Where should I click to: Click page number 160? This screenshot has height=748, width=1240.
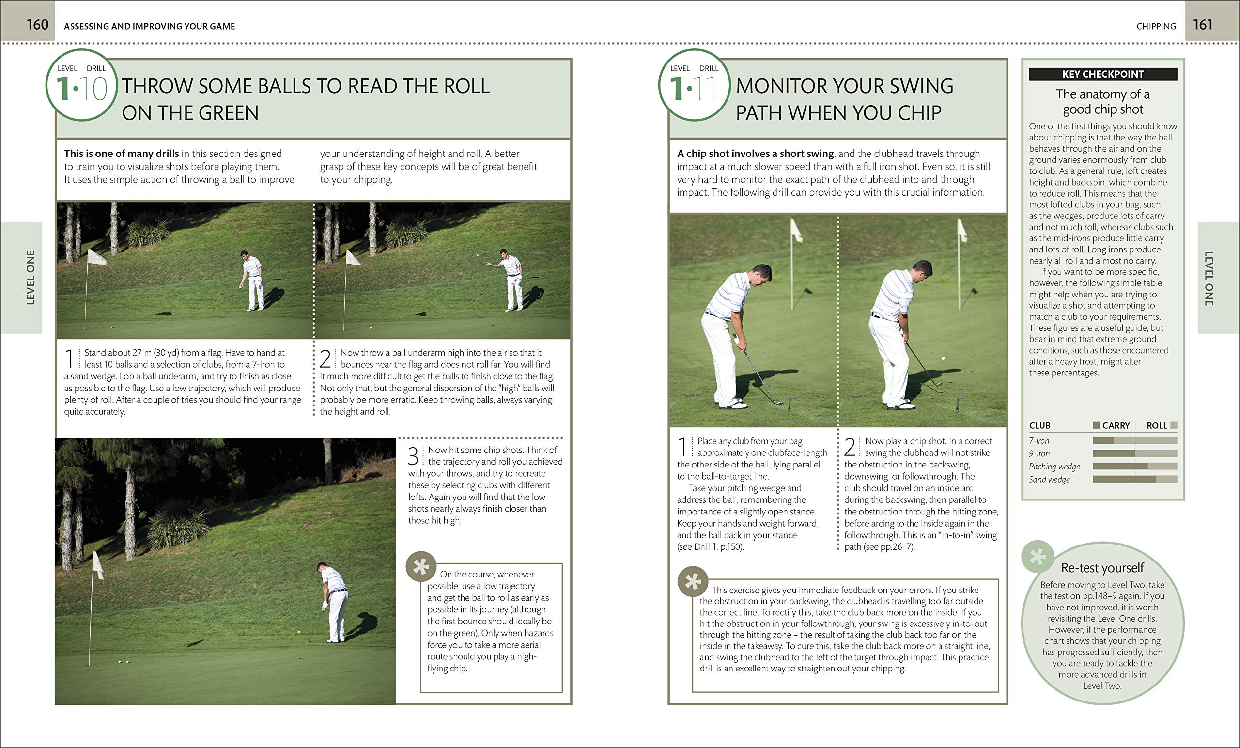point(37,25)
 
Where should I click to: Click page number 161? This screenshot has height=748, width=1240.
point(1202,25)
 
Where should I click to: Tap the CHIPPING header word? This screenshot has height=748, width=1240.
point(1155,26)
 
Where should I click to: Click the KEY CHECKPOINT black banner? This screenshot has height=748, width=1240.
point(1102,74)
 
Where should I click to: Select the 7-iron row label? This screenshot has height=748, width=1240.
point(1038,441)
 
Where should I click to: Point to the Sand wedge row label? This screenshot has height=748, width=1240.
point(1049,480)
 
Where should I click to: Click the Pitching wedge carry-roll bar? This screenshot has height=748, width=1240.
point(1134,467)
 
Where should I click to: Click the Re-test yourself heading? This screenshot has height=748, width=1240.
point(1102,568)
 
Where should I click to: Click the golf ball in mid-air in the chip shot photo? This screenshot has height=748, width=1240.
point(943,358)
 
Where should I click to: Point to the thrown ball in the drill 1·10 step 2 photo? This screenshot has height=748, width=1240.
point(478,255)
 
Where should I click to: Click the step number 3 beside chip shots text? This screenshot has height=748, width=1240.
point(413,456)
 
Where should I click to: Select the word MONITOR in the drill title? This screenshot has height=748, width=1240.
point(779,86)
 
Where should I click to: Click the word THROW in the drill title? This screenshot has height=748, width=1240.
point(156,86)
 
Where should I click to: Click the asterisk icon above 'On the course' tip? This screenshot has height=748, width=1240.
point(421,567)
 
